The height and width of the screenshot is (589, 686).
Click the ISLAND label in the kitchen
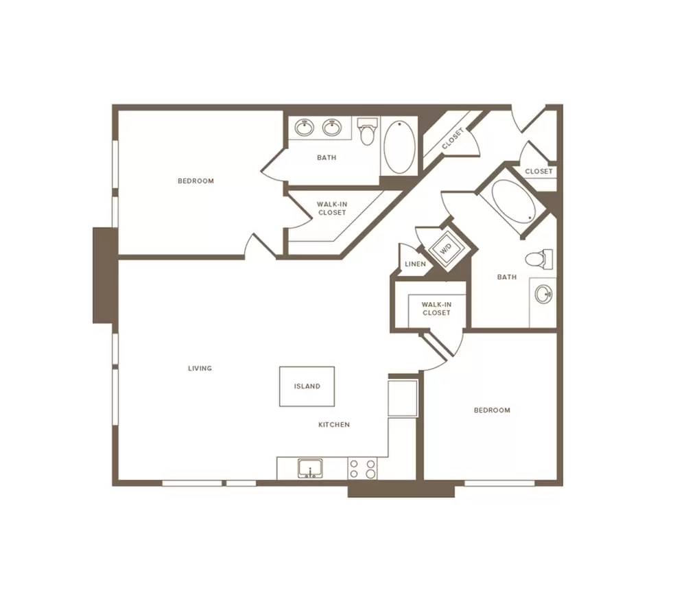tap(307, 386)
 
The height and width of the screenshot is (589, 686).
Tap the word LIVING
tap(200, 368)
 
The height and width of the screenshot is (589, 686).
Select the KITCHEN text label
tap(334, 424)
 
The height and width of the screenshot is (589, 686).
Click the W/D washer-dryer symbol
tap(447, 250)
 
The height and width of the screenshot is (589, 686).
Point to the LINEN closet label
tap(415, 264)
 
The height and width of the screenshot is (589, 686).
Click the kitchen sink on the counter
tap(310, 469)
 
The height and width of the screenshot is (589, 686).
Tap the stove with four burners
tap(363, 469)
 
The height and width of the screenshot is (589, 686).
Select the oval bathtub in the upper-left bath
tap(399, 147)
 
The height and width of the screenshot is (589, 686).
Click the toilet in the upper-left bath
tap(368, 131)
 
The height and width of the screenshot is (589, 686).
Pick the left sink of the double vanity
tap(305, 128)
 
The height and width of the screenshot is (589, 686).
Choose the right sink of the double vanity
tap(332, 128)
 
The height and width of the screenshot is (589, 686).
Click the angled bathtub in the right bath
tap(512, 201)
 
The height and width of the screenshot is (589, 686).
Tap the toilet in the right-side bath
tap(539, 259)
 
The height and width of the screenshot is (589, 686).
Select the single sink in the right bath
tap(543, 294)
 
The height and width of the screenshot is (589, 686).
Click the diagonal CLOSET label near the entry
tap(453, 139)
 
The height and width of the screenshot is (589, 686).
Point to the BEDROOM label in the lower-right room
tap(492, 411)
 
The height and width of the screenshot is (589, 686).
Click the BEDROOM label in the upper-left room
tap(196, 181)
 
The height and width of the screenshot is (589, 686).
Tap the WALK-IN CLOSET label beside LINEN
tap(436, 308)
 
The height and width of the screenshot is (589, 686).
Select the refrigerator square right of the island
tap(403, 398)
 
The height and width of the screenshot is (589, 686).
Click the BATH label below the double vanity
tap(327, 158)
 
